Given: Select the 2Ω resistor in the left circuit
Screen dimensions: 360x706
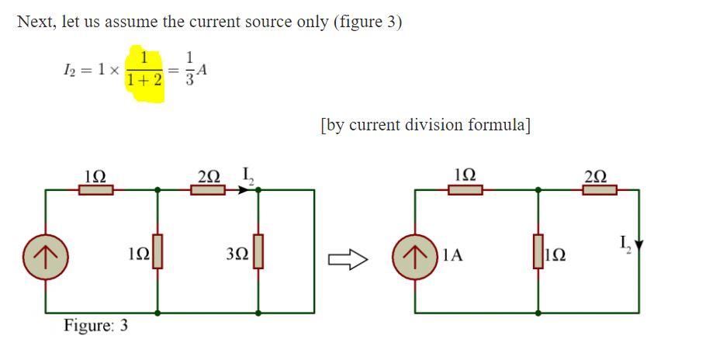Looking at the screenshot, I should [x=208, y=189].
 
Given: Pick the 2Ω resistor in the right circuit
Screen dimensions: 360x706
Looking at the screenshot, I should [x=599, y=189].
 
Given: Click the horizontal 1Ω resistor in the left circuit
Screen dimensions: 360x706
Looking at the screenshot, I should [x=97, y=189].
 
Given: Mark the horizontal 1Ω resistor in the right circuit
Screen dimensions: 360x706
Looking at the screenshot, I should [x=466, y=189].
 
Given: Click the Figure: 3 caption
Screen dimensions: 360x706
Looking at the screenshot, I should [x=96, y=325].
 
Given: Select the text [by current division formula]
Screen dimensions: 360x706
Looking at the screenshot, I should [x=425, y=125].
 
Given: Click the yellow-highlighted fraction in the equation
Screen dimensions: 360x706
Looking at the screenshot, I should [x=144, y=73].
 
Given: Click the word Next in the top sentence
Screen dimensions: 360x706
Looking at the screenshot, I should [x=36, y=21].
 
